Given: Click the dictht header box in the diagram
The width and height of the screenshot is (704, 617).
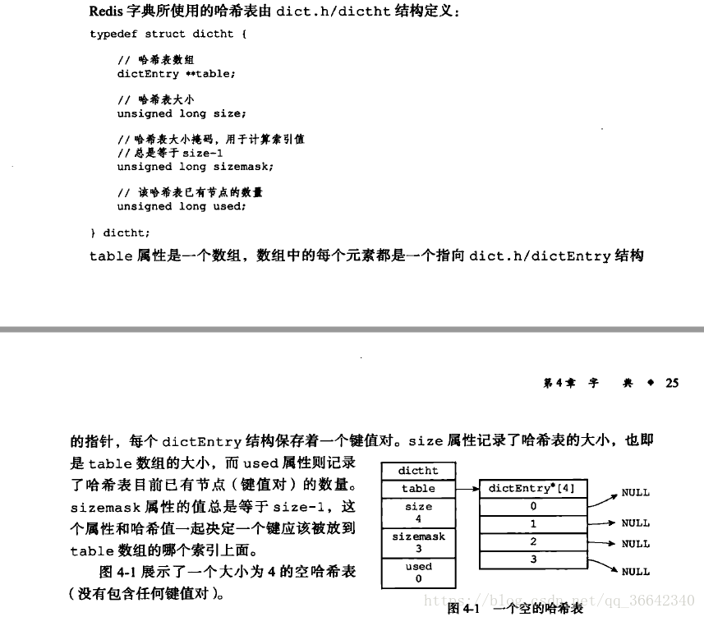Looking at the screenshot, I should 418,471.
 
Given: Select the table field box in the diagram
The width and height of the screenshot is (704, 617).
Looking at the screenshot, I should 418,488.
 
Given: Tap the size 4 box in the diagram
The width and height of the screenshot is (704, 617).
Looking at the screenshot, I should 418,513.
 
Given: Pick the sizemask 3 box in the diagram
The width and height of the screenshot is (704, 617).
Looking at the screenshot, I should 418,542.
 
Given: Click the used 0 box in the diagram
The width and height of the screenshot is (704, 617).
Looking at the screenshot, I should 418,573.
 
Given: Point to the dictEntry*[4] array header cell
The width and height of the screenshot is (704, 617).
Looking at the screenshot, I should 532,488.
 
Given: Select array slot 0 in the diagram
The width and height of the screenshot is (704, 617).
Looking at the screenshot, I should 532,507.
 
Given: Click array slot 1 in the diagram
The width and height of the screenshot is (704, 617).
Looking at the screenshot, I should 532,524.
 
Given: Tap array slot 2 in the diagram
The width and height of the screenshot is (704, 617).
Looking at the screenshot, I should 532,541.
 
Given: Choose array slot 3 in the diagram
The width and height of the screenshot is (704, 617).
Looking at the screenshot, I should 532,559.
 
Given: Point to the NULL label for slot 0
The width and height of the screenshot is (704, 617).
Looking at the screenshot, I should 636,493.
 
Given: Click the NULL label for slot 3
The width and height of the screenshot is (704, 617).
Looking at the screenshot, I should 636,572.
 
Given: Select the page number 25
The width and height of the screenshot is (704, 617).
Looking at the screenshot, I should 672,383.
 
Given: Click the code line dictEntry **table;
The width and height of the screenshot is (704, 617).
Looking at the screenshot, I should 176,74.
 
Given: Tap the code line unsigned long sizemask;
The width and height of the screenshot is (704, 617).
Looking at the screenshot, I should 196,167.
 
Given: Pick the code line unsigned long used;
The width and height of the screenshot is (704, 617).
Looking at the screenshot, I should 182,206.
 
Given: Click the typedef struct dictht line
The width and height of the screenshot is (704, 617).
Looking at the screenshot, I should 168,35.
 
